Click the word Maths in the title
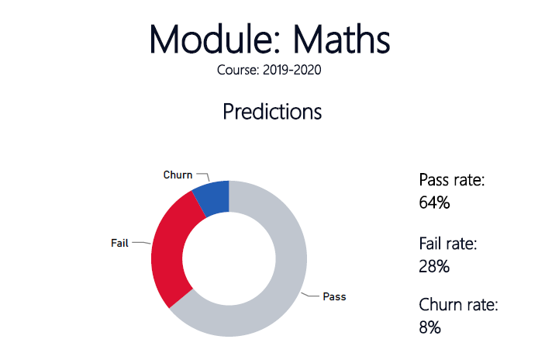coord(341,39)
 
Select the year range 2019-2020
coord(292,70)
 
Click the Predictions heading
coord(272,111)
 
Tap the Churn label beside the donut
coord(178,175)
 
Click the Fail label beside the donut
coord(119,243)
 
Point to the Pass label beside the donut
coord(334,296)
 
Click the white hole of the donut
coord(229,258)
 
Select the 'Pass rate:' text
coord(452,180)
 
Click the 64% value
coord(434,202)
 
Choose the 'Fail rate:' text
coord(448,243)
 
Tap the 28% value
coord(434,266)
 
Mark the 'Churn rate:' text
coord(458,304)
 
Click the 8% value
coord(430,327)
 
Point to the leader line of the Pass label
coord(309,296)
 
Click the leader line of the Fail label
coord(141,242)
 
